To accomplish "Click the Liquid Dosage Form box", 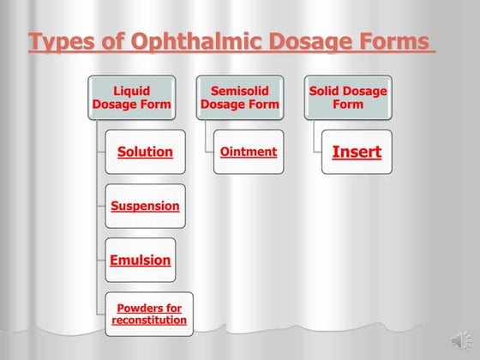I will pyautogui.click(x=131, y=97).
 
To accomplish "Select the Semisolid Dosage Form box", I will pyautogui.click(x=240, y=97).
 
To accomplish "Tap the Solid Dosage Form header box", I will pyautogui.click(x=348, y=97).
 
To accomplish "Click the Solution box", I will pyautogui.click(x=145, y=152).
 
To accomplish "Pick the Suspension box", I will pyautogui.click(x=145, y=206).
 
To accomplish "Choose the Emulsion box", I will pyautogui.click(x=140, y=260).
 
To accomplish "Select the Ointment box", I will pyautogui.click(x=248, y=152).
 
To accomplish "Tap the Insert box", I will pyautogui.click(x=357, y=152).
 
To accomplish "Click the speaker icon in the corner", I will pyautogui.click(x=459, y=341).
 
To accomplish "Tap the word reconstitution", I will pyautogui.click(x=149, y=320).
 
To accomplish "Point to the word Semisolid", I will pyautogui.click(x=240, y=90).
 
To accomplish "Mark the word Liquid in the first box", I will pyautogui.click(x=131, y=90).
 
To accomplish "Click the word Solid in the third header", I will pyautogui.click(x=326, y=90).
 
